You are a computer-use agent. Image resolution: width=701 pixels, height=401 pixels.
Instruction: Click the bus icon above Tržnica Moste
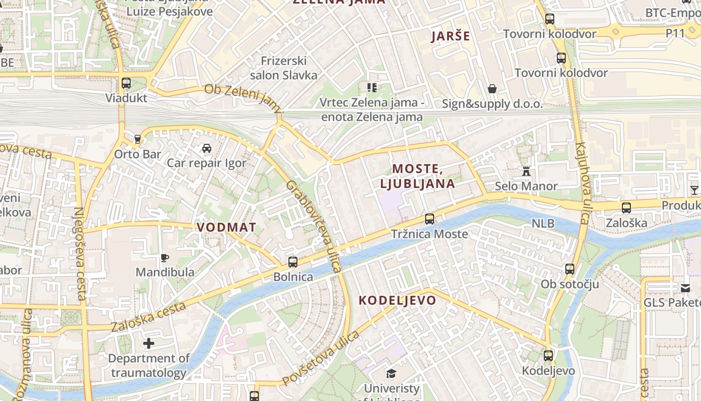[429, 219]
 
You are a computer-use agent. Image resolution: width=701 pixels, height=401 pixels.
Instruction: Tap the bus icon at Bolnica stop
[293, 262]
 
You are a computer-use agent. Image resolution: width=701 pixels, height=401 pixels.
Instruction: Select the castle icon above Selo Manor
[526, 171]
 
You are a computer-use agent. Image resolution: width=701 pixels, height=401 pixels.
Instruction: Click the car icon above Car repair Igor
[206, 148]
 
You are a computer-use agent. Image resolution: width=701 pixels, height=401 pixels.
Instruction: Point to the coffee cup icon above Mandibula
[165, 258]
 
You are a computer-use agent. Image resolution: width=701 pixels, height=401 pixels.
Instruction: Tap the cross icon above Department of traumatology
[149, 343]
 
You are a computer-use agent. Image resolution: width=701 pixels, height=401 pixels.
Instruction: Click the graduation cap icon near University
[391, 373]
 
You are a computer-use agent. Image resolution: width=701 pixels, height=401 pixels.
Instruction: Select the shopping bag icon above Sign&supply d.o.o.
[492, 89]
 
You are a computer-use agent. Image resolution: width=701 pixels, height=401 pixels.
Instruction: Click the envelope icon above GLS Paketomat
[685, 288]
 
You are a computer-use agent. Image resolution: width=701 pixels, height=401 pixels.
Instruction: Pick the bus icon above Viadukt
[126, 83]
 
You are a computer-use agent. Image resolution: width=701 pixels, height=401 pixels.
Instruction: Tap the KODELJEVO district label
[398, 300]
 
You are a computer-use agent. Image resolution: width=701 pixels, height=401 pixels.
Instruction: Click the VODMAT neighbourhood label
[226, 227]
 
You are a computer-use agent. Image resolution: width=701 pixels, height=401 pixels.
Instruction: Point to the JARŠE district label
[451, 36]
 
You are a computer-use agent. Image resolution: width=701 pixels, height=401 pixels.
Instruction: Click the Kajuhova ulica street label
[582, 182]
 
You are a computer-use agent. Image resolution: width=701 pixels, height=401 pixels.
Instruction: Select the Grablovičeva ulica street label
[313, 227]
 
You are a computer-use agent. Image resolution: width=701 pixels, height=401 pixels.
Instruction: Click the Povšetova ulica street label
[320, 358]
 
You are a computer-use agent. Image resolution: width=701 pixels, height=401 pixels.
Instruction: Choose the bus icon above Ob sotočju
[570, 269]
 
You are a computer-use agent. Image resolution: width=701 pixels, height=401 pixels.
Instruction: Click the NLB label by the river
[543, 223]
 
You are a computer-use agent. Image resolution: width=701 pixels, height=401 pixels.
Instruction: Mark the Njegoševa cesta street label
[81, 253]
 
